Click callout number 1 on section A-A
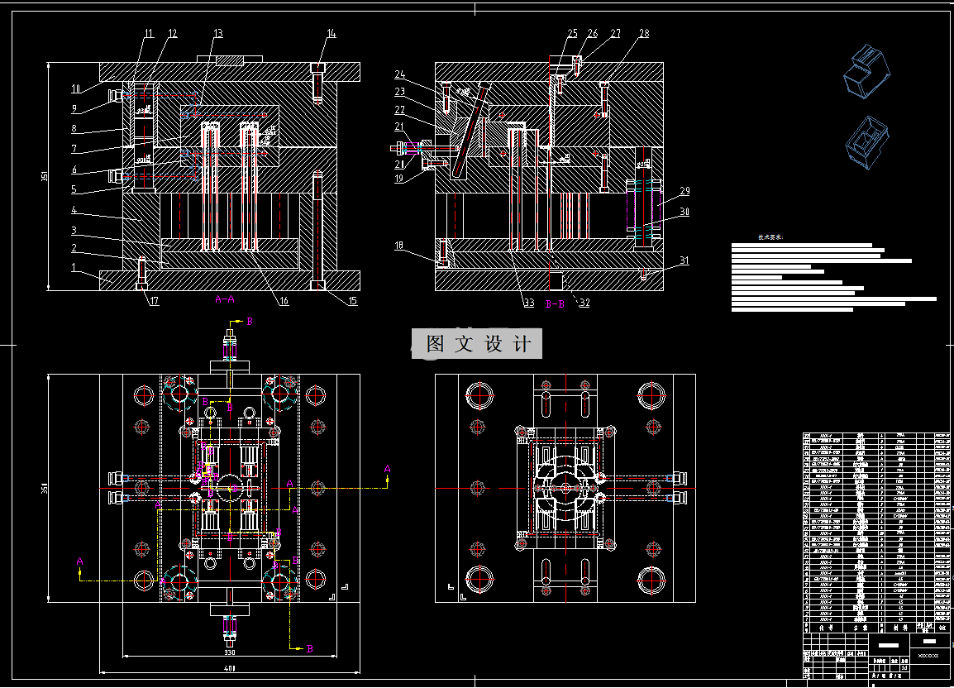(x=74, y=267)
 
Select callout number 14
(x=332, y=34)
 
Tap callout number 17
(x=154, y=301)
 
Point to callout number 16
(x=284, y=301)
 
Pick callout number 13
(x=217, y=34)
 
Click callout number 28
(x=644, y=34)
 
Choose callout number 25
(x=572, y=34)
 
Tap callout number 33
(x=528, y=303)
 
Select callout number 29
(x=684, y=191)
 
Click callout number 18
(x=399, y=246)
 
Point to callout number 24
(x=399, y=74)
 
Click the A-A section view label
(x=225, y=299)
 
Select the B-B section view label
(x=554, y=303)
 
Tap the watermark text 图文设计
(x=478, y=344)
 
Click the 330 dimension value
(x=230, y=652)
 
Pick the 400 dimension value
(x=229, y=668)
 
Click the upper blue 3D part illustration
(x=867, y=69)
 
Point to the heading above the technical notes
(x=770, y=237)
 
